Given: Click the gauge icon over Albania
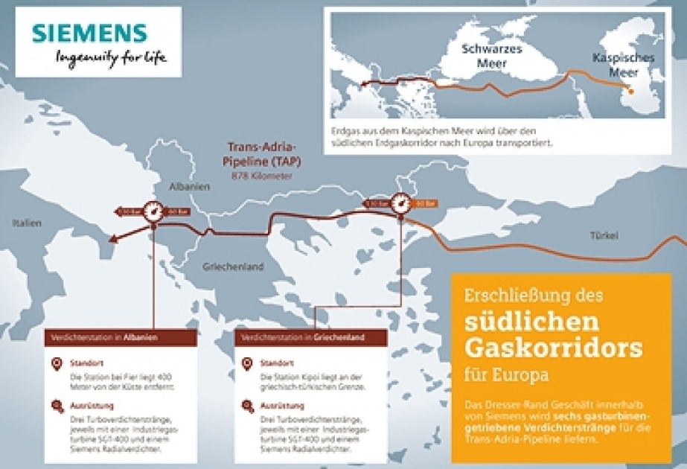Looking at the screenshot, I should coord(154,212).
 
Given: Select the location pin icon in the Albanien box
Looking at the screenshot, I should coord(57,364).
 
